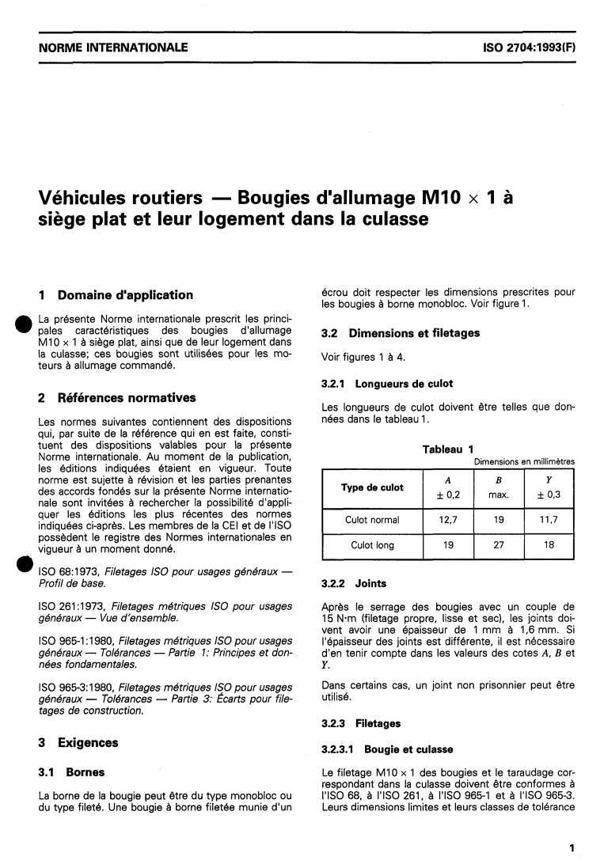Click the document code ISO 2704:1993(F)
pos(529,47)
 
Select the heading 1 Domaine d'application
pos(116,295)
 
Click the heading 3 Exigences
pos(78,742)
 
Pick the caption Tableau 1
pos(447,449)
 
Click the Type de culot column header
pos(372,487)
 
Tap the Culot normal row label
pos(372,520)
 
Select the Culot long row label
pos(372,545)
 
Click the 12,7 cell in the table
pos(448,520)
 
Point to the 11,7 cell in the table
pos(549,520)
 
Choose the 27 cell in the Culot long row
pos(499,545)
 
